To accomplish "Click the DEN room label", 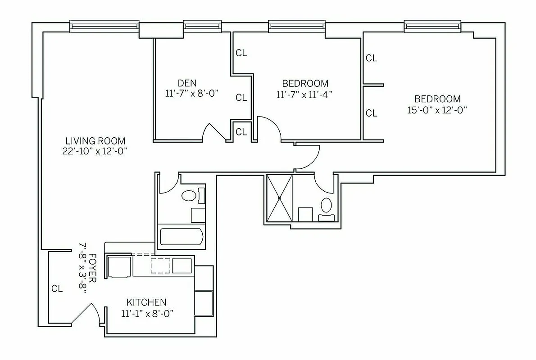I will [x=187, y=83].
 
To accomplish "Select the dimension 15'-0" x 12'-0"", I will [x=437, y=110].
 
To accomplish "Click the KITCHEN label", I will [x=146, y=302].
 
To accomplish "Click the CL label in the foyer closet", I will [x=57, y=289].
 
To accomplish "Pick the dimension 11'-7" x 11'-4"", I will [x=304, y=94].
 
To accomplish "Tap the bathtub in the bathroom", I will [x=182, y=236].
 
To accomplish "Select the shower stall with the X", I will [x=279, y=198].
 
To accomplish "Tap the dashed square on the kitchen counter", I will [x=159, y=265].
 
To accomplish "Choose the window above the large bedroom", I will [x=432, y=27].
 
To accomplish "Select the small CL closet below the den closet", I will [x=241, y=132].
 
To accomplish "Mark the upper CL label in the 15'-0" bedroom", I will [x=371, y=58].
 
